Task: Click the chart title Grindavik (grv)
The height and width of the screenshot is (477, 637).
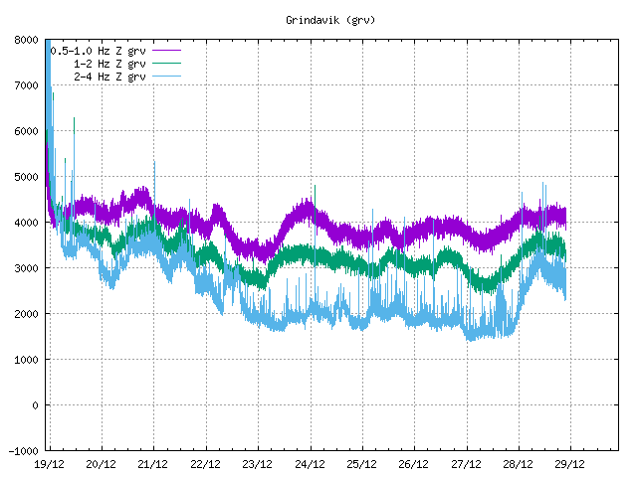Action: coord(318,20)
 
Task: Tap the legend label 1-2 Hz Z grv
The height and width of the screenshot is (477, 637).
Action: coord(108,63)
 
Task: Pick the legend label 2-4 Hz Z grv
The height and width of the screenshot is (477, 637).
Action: coord(108,76)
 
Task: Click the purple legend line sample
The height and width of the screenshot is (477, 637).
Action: coord(165,50)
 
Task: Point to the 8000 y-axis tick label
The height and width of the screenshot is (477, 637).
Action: coord(26,40)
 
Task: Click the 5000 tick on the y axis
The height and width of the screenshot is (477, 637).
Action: coord(26,177)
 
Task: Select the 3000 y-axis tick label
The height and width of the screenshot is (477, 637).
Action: coord(26,268)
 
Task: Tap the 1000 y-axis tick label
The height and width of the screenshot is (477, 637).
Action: coord(26,360)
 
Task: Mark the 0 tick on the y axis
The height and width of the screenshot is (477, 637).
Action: coord(35,405)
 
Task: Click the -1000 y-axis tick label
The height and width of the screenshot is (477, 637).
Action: coord(23,451)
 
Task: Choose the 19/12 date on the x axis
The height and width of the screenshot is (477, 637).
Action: coord(49,464)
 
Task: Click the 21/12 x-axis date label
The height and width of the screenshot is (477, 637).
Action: coord(152,464)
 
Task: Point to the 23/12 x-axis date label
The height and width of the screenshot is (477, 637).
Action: coord(257,464)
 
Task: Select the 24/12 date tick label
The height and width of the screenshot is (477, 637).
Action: coord(310,464)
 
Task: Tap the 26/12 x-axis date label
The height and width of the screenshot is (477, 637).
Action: coord(413,464)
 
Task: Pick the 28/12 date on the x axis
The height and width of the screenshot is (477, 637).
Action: coord(518,464)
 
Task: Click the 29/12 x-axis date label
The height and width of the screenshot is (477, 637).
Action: coord(569,464)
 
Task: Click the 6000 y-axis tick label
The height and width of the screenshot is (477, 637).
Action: coord(26,131)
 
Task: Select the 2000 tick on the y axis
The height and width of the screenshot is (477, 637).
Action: coord(26,314)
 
